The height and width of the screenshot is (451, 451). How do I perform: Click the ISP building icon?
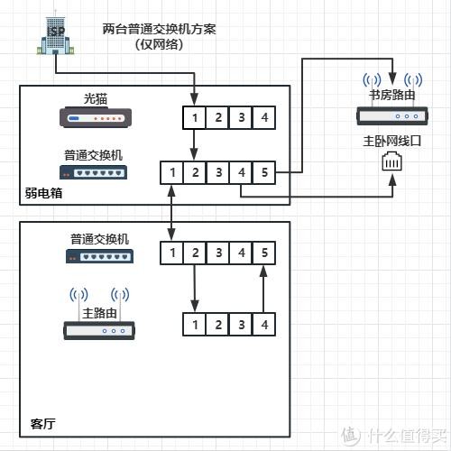pyautogui.click(x=55, y=33)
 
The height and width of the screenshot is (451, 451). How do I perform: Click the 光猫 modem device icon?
pyautogui.click(x=96, y=117)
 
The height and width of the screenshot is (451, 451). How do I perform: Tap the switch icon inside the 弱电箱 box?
pyautogui.click(x=93, y=172)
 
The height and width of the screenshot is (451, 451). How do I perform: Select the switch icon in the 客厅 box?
pyautogui.click(x=99, y=256)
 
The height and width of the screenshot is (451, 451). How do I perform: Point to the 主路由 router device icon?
pyautogui.click(x=99, y=330)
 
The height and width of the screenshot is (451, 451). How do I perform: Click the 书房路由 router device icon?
pyautogui.click(x=392, y=115)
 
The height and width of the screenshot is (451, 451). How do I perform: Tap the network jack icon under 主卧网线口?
pyautogui.click(x=392, y=161)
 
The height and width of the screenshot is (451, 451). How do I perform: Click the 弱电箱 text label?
pyautogui.click(x=43, y=193)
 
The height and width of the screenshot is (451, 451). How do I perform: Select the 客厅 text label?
pyautogui.click(x=42, y=424)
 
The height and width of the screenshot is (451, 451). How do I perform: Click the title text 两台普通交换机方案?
pyautogui.click(x=159, y=29)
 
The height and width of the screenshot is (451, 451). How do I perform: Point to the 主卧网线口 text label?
pyautogui.click(x=392, y=141)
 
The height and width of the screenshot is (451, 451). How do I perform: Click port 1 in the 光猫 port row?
pyautogui.click(x=195, y=117)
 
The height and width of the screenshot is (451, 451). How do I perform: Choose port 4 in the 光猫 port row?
pyautogui.click(x=264, y=117)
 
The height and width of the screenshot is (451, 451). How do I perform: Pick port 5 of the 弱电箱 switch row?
pyautogui.click(x=264, y=172)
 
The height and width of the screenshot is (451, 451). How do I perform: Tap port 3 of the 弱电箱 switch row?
pyautogui.click(x=218, y=172)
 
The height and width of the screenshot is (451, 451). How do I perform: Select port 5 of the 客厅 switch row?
pyautogui.click(x=264, y=253)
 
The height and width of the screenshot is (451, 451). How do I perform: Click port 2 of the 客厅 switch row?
pyautogui.click(x=195, y=253)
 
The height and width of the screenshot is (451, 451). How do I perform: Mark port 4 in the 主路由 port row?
pyautogui.click(x=264, y=325)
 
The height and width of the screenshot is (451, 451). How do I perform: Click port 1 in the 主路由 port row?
pyautogui.click(x=195, y=325)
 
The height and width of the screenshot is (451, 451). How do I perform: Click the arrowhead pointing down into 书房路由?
pyautogui.click(x=392, y=78)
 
